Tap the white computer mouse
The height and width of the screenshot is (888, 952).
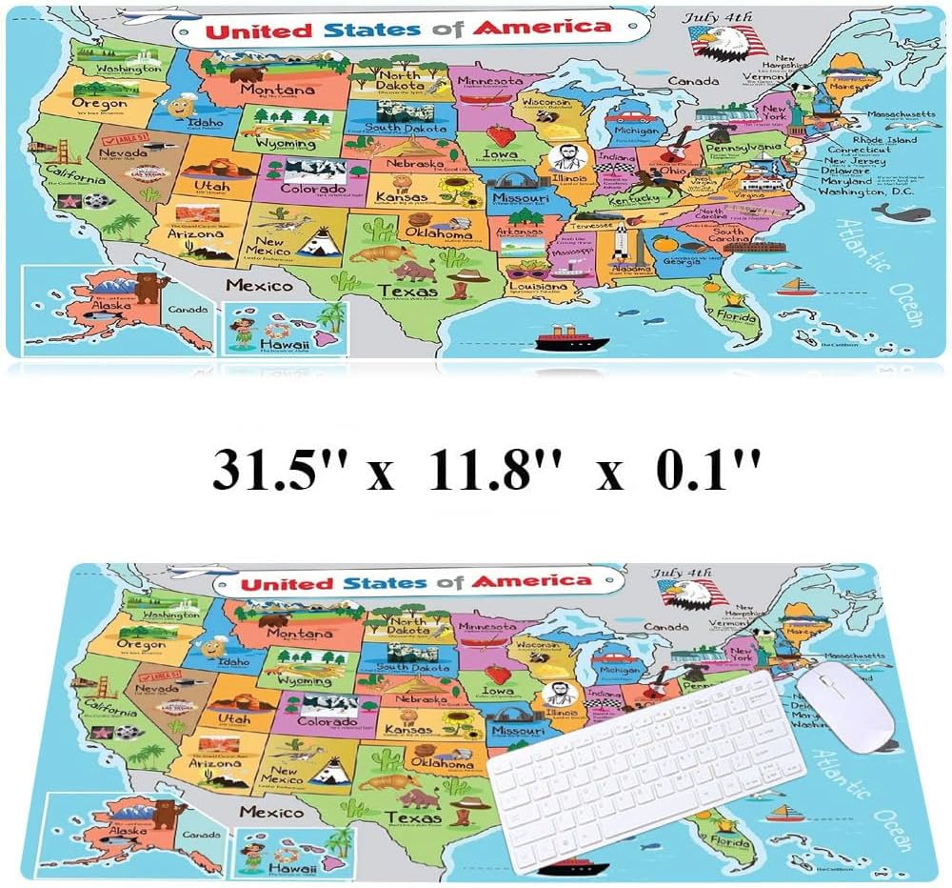(x=844, y=707)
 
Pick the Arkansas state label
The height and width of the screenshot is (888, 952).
(x=518, y=232)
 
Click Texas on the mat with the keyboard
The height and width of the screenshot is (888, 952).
(x=412, y=818)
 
